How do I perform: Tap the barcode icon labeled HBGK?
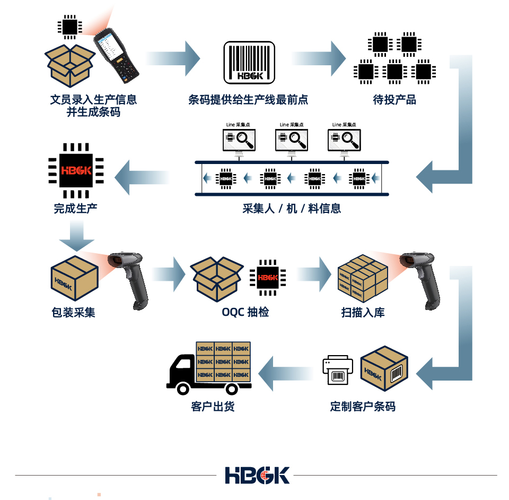(x=249, y=63)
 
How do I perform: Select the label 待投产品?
(x=394, y=99)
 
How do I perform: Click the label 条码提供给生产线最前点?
(x=248, y=99)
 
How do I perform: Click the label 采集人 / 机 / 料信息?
(x=292, y=208)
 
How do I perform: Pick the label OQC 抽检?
(x=245, y=312)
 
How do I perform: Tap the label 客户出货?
(x=213, y=407)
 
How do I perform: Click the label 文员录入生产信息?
(x=93, y=99)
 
